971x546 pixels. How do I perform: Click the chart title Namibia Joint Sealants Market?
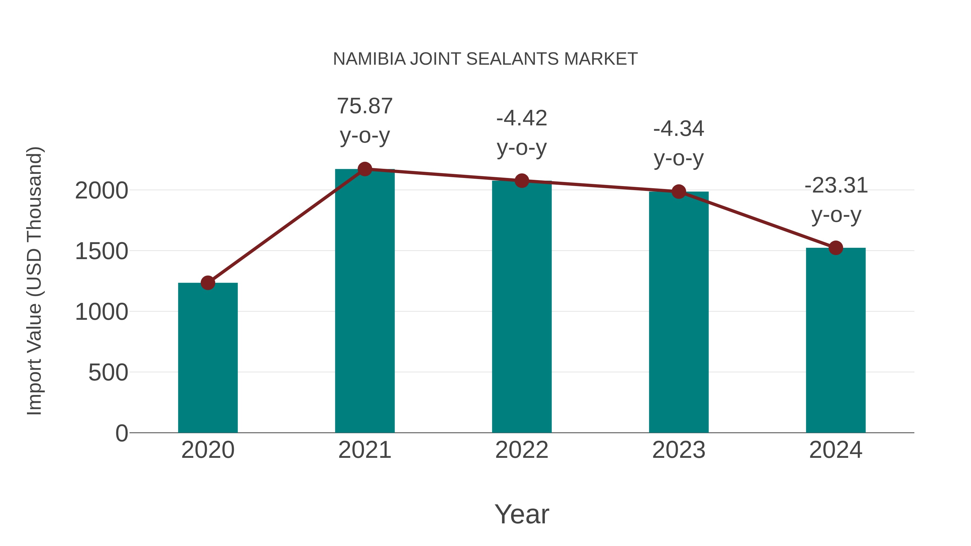485,59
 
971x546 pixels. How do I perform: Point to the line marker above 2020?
208,283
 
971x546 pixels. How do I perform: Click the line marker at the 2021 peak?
364,169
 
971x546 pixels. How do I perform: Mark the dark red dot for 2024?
836,248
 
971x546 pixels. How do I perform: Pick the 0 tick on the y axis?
121,433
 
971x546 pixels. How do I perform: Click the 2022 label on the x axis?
521,450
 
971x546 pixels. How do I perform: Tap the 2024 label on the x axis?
836,450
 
